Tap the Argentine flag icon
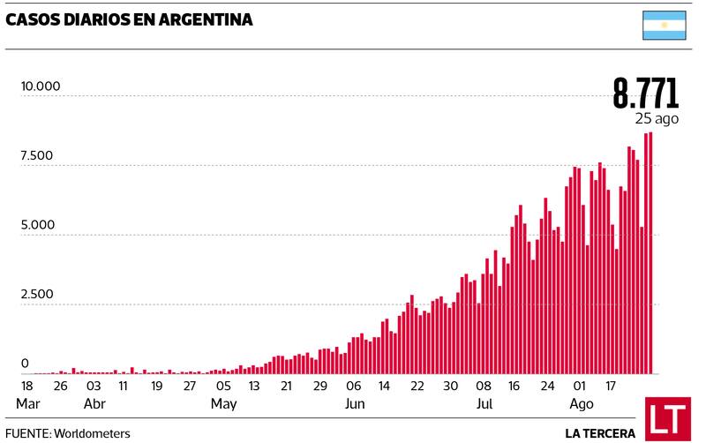(664, 26)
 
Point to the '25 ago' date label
(656, 118)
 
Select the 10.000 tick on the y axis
(41, 86)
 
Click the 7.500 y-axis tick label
(37, 156)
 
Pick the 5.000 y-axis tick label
(37, 225)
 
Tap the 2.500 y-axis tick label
(37, 294)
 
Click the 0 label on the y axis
(25, 364)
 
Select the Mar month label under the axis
(27, 404)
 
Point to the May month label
(223, 404)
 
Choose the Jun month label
(354, 404)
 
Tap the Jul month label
(484, 404)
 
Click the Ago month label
(581, 404)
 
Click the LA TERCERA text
(600, 433)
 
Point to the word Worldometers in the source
(92, 433)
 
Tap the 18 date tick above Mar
(27, 386)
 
